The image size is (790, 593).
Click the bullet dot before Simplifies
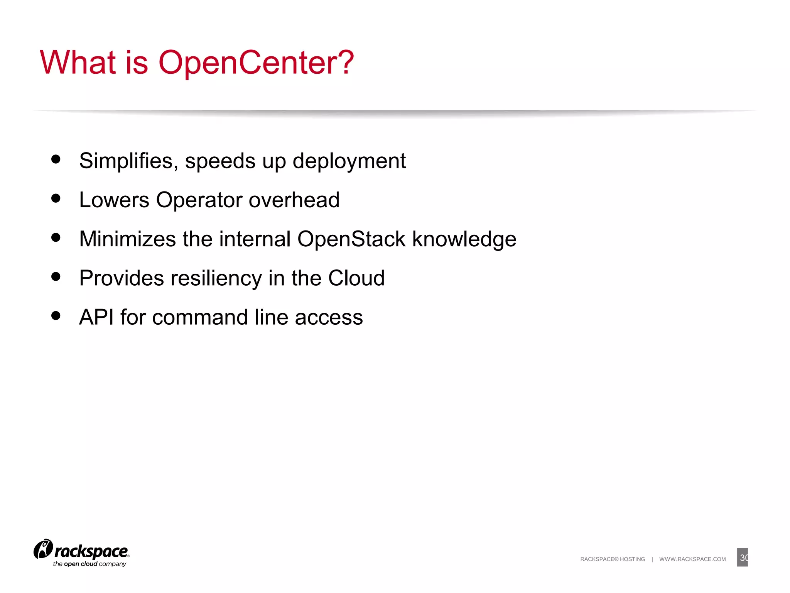[56, 159]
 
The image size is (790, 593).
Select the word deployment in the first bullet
[349, 161]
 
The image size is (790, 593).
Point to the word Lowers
[114, 200]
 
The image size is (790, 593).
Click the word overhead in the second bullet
[294, 200]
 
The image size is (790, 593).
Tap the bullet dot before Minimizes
[56, 237]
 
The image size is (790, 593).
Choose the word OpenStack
[351, 239]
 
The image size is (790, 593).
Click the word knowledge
[464, 240]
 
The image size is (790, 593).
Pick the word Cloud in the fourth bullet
[356, 278]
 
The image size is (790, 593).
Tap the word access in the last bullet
[329, 318]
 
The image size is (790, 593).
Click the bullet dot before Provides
[56, 276]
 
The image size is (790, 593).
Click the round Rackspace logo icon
[43, 549]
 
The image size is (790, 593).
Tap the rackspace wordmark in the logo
[91, 551]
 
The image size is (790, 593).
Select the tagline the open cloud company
[89, 564]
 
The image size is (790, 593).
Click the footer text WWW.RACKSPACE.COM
[692, 559]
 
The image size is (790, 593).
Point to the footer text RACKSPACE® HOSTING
[612, 559]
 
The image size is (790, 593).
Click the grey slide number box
[742, 557]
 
